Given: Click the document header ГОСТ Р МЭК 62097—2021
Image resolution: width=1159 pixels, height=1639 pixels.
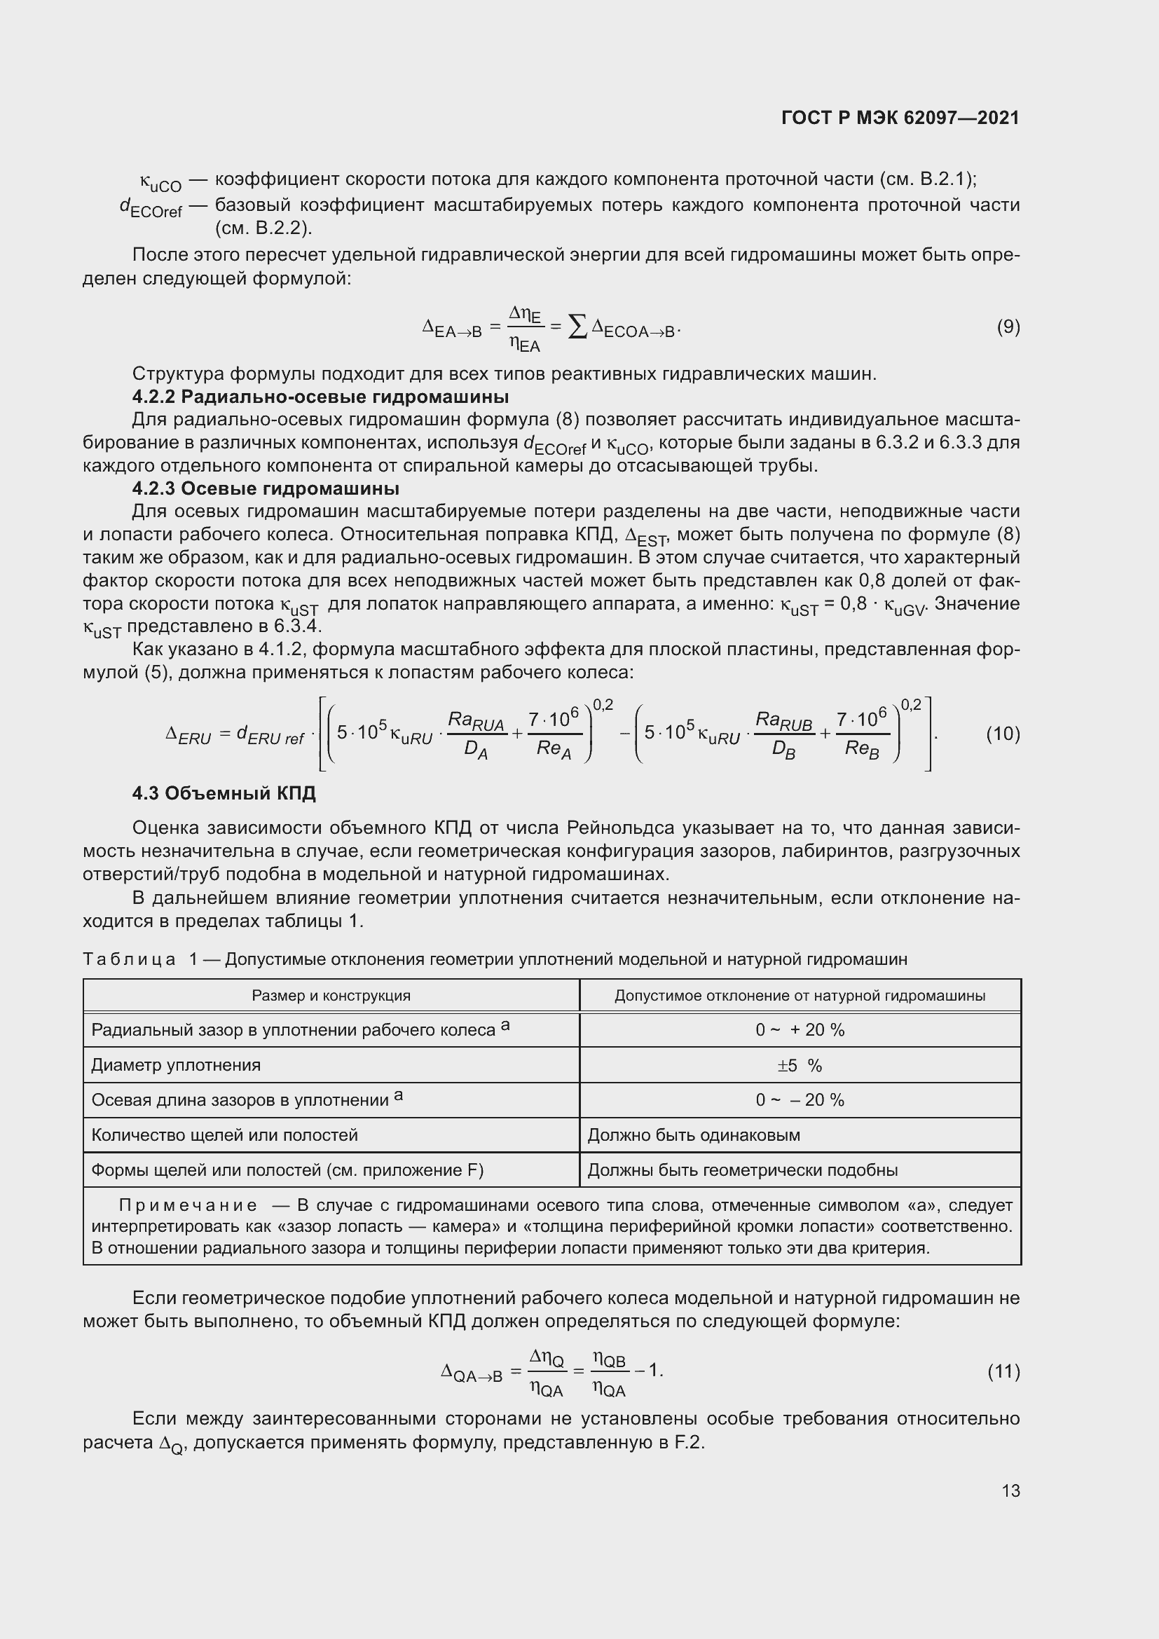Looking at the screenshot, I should [900, 118].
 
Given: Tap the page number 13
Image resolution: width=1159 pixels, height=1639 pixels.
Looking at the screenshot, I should [1010, 1490].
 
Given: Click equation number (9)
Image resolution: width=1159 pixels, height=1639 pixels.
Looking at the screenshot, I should [1008, 327].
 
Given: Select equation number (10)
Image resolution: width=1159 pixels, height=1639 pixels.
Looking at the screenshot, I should [1003, 734].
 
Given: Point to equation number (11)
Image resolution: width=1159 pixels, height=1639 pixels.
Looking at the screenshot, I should [1003, 1371].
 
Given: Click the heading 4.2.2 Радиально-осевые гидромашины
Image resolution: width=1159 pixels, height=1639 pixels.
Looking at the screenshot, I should [320, 396].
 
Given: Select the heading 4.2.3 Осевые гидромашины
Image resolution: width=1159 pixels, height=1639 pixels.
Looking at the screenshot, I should [266, 489].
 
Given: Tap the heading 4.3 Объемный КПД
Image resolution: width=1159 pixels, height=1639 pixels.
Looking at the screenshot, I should [224, 793].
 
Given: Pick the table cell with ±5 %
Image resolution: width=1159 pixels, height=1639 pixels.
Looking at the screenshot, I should [800, 1066].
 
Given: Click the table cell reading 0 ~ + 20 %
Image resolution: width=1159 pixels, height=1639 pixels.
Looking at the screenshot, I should [800, 1030].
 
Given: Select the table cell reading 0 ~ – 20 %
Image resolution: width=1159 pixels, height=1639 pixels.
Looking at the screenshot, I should [800, 1100].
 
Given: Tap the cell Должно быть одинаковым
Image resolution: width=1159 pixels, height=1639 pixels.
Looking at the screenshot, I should [693, 1135].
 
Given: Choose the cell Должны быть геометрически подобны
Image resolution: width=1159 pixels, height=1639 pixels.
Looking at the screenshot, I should [742, 1170].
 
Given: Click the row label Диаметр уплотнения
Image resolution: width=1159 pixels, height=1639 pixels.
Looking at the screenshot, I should [176, 1065].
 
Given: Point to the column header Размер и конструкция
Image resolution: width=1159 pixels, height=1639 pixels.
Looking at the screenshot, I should [331, 996].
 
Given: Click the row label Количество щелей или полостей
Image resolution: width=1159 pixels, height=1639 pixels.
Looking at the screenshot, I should [224, 1135].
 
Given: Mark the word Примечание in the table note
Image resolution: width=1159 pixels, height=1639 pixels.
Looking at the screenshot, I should [188, 1206].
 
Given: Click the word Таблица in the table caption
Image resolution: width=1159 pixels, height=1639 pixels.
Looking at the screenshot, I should [129, 959].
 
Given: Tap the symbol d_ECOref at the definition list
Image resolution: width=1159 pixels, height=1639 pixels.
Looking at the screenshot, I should [151, 207].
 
